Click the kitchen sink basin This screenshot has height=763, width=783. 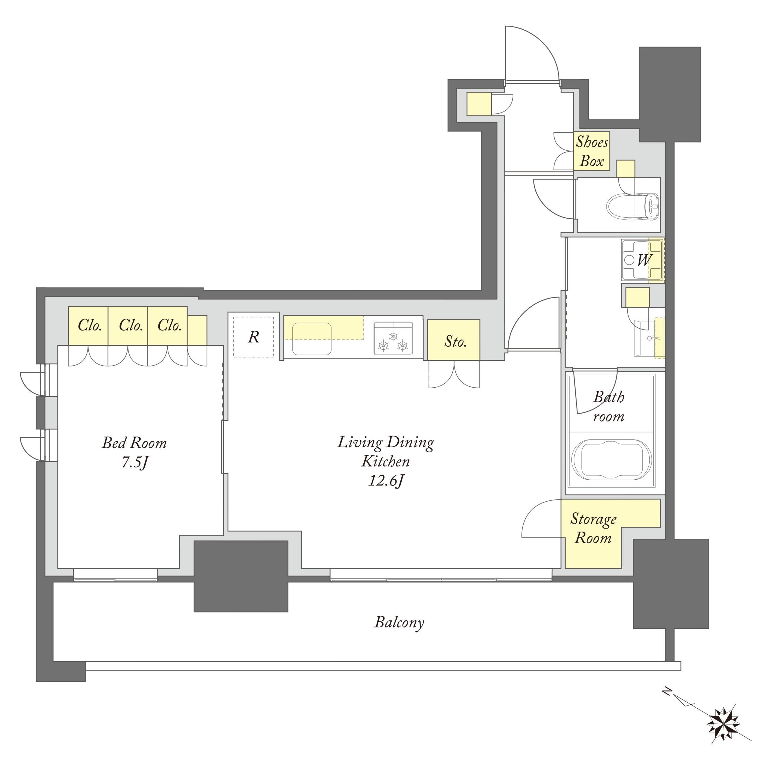coord(312,339)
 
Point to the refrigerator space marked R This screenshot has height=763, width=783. coord(253,337)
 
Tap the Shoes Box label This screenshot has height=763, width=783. coord(592,152)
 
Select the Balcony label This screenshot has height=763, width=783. coord(399,622)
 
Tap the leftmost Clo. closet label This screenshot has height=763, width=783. coord(89,325)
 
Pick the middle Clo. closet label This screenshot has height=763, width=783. coord(131,325)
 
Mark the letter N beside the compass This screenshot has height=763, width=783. coord(667,691)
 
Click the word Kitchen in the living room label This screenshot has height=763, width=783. coord(385,461)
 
